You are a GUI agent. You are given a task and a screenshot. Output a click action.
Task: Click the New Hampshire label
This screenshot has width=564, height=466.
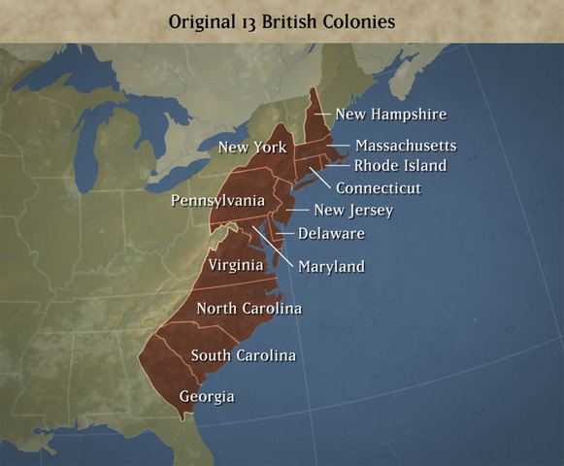(391, 115)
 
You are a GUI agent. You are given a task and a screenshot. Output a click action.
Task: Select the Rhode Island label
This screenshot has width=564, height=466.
(400, 165)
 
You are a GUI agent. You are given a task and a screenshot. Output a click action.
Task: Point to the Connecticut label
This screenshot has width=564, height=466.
(379, 187)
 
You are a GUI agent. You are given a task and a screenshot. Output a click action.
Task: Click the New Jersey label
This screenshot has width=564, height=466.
(353, 210)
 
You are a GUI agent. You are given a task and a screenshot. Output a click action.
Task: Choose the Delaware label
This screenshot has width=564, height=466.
(332, 233)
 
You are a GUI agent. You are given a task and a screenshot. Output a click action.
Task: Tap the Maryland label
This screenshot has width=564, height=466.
(331, 266)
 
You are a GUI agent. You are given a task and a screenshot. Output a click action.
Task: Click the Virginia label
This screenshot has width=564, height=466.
(236, 263)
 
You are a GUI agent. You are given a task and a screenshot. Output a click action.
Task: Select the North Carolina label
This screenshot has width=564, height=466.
(249, 309)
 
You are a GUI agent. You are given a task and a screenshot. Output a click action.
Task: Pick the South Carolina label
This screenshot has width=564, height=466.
(244, 355)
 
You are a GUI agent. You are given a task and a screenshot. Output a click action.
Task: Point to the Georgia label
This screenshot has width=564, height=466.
(207, 396)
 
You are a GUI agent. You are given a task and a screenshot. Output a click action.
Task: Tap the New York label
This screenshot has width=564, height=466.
(252, 148)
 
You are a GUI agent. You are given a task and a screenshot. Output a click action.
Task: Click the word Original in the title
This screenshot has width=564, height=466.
(200, 21)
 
